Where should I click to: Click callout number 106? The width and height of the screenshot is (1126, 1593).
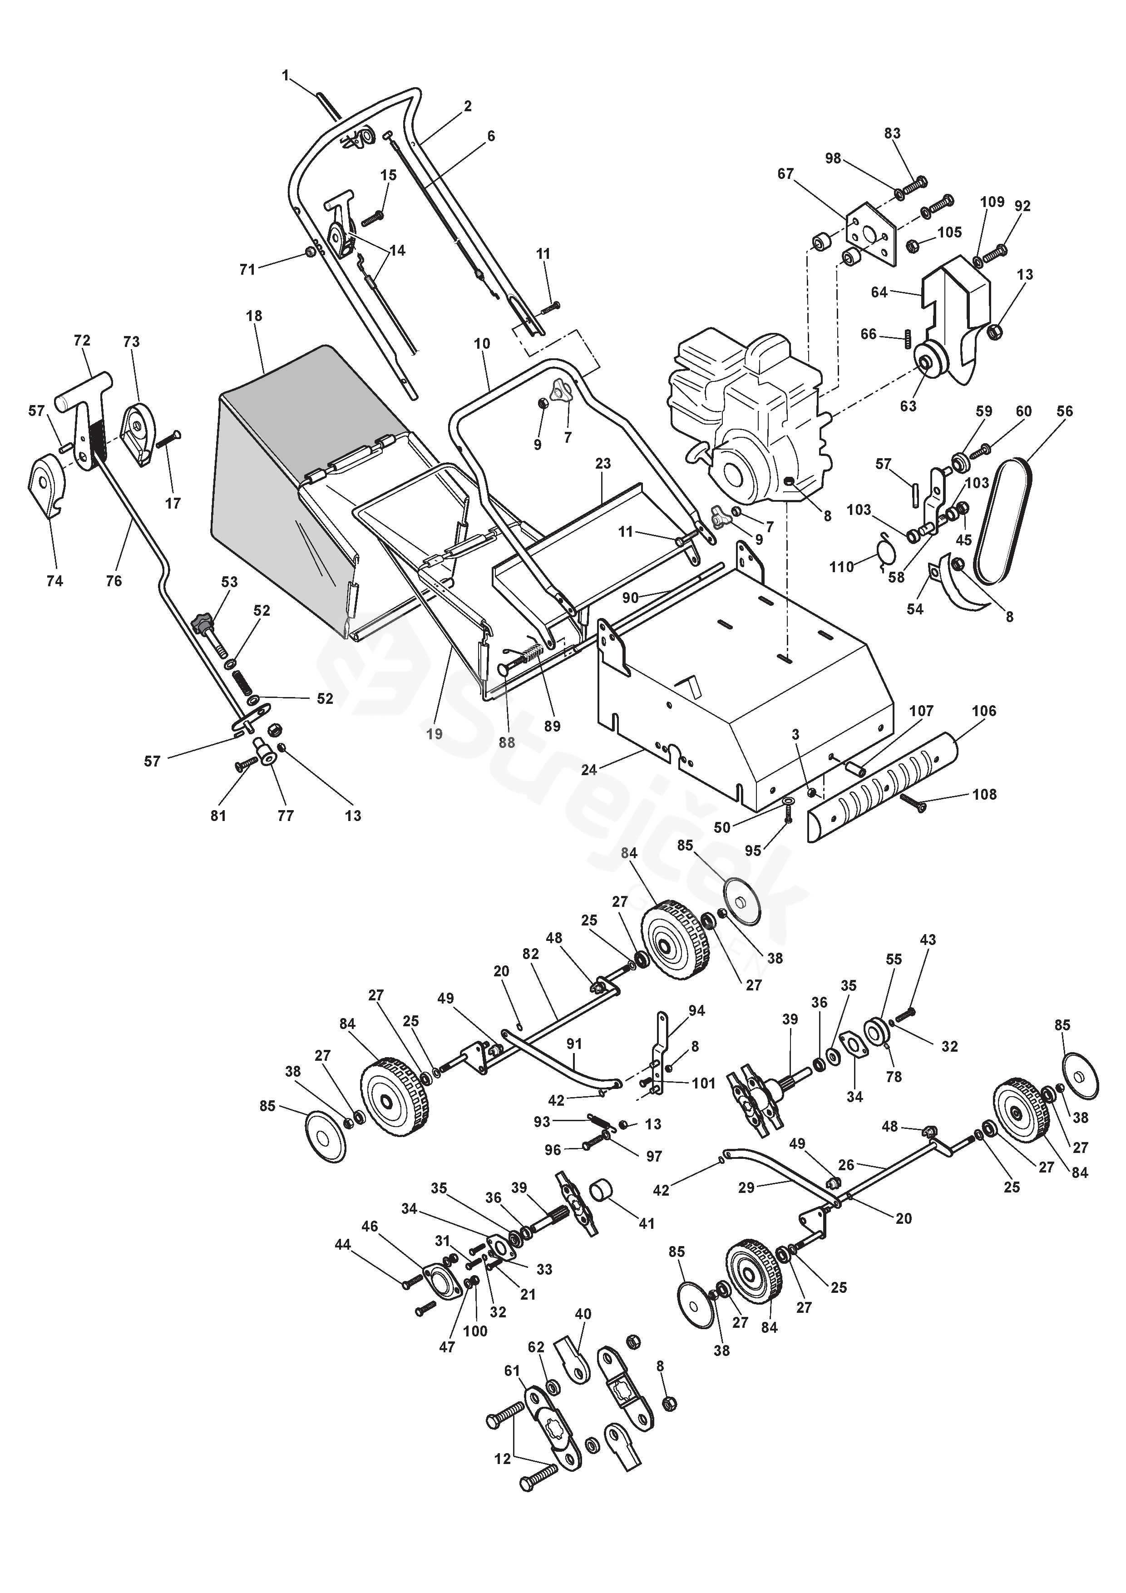point(984,711)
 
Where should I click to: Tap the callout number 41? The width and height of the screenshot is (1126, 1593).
point(646,1224)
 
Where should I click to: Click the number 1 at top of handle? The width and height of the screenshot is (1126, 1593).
point(285,75)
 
